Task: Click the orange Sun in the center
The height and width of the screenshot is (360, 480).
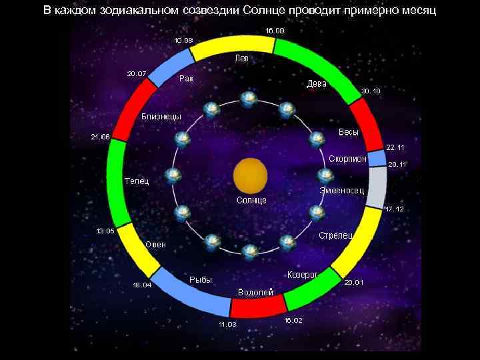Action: click(250, 177)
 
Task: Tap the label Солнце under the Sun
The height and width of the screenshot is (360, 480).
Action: click(252, 200)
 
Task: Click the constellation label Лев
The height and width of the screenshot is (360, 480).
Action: click(241, 59)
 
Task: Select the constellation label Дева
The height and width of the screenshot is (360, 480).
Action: click(316, 83)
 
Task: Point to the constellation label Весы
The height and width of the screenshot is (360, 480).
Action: click(348, 132)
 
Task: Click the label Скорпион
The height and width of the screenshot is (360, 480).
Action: click(347, 159)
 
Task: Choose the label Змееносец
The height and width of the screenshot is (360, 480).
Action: click(341, 191)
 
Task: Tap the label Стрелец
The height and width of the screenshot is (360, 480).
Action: click(335, 235)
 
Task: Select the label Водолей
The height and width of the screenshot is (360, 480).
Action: click(255, 293)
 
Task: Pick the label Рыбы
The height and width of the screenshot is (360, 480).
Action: click(201, 280)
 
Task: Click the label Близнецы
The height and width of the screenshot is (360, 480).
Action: click(161, 117)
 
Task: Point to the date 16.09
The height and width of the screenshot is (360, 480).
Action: click(275, 31)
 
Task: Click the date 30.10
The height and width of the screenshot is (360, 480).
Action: click(371, 91)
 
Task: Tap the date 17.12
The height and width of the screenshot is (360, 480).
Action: click(395, 209)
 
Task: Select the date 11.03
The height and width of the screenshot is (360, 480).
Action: click(227, 325)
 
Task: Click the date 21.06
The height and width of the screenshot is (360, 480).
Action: click(100, 137)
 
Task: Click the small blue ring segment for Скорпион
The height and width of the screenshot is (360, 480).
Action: click(377, 158)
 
